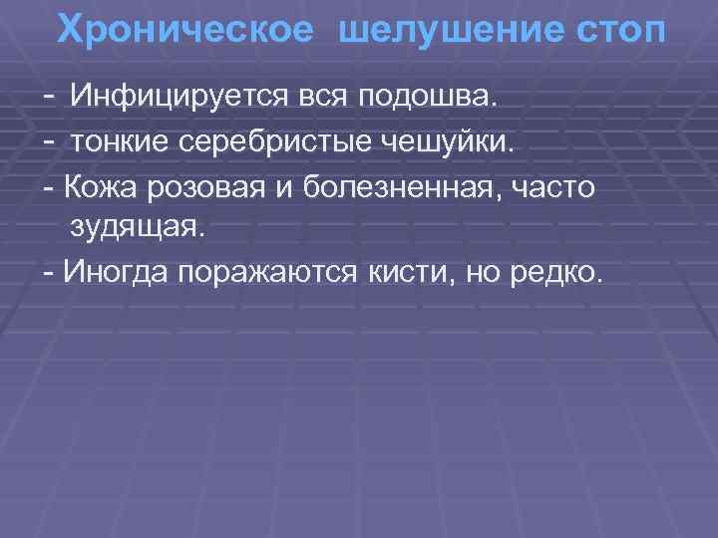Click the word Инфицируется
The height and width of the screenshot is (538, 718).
174,98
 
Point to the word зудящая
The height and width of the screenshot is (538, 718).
136,228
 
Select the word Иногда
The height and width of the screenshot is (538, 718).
115,272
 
